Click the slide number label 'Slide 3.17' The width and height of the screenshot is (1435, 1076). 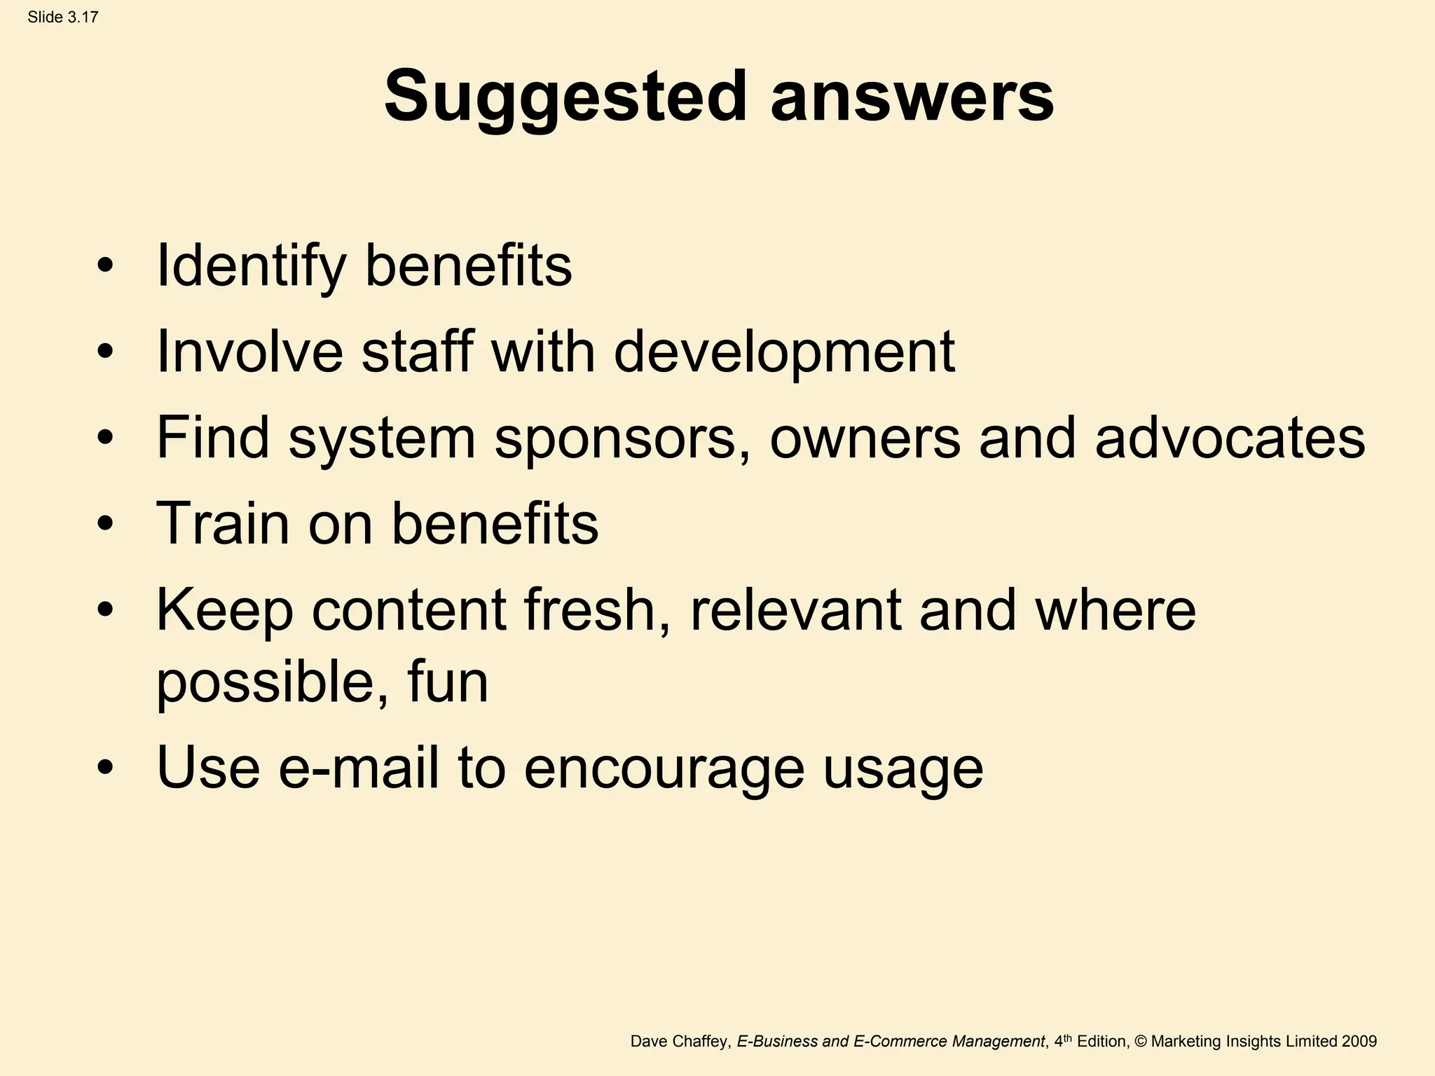63,18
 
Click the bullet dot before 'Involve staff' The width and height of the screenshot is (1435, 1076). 105,352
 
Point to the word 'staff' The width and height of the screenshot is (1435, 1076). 416,352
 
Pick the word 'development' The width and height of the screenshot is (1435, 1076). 784,352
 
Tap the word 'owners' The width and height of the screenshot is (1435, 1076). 865,438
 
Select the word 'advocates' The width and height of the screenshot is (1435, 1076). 1230,438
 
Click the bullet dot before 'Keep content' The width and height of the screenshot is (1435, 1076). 105,609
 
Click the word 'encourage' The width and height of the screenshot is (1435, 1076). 664,768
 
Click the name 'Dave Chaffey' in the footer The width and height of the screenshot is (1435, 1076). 680,1042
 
